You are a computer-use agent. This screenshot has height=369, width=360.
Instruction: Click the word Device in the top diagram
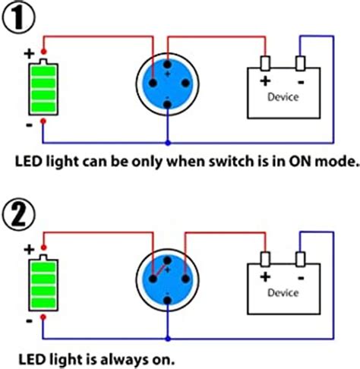[x=283, y=97]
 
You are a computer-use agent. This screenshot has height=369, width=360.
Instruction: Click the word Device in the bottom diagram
[x=283, y=292]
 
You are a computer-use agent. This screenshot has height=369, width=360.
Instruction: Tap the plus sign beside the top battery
[x=28, y=54]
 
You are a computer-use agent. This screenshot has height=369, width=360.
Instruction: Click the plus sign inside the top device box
[x=266, y=81]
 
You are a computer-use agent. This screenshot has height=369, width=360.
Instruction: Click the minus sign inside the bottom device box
[x=301, y=276]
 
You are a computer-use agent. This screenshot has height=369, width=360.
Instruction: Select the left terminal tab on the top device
[x=266, y=63]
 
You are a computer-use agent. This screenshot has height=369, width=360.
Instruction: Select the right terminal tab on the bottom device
[x=301, y=259]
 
